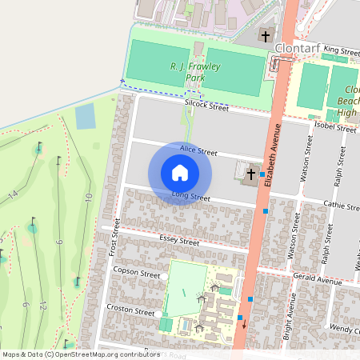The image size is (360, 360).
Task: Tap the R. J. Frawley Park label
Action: click(196, 72)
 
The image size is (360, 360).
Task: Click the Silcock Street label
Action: click(207, 104)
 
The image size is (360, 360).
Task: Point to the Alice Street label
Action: click(198, 150)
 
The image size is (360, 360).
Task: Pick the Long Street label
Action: click(190, 196)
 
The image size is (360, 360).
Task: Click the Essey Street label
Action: click(179, 241)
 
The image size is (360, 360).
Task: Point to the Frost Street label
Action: click(113, 237)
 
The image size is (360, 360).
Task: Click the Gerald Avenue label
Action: click(318, 282)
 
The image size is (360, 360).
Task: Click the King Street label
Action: click(342, 50)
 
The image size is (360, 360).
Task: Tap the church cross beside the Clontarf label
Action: click(266, 36)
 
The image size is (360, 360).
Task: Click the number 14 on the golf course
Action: click(13, 194)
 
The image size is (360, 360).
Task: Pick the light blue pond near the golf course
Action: click(84, 117)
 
